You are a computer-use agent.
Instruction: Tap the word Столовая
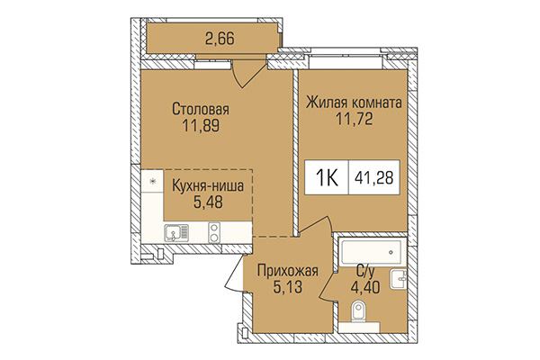click(201, 110)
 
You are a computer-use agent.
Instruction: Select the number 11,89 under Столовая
click(201, 126)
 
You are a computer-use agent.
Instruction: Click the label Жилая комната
click(353, 103)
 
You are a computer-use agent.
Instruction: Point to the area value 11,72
click(353, 119)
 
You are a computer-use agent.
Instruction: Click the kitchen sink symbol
click(176, 234)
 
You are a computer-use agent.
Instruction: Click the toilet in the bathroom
click(357, 314)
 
